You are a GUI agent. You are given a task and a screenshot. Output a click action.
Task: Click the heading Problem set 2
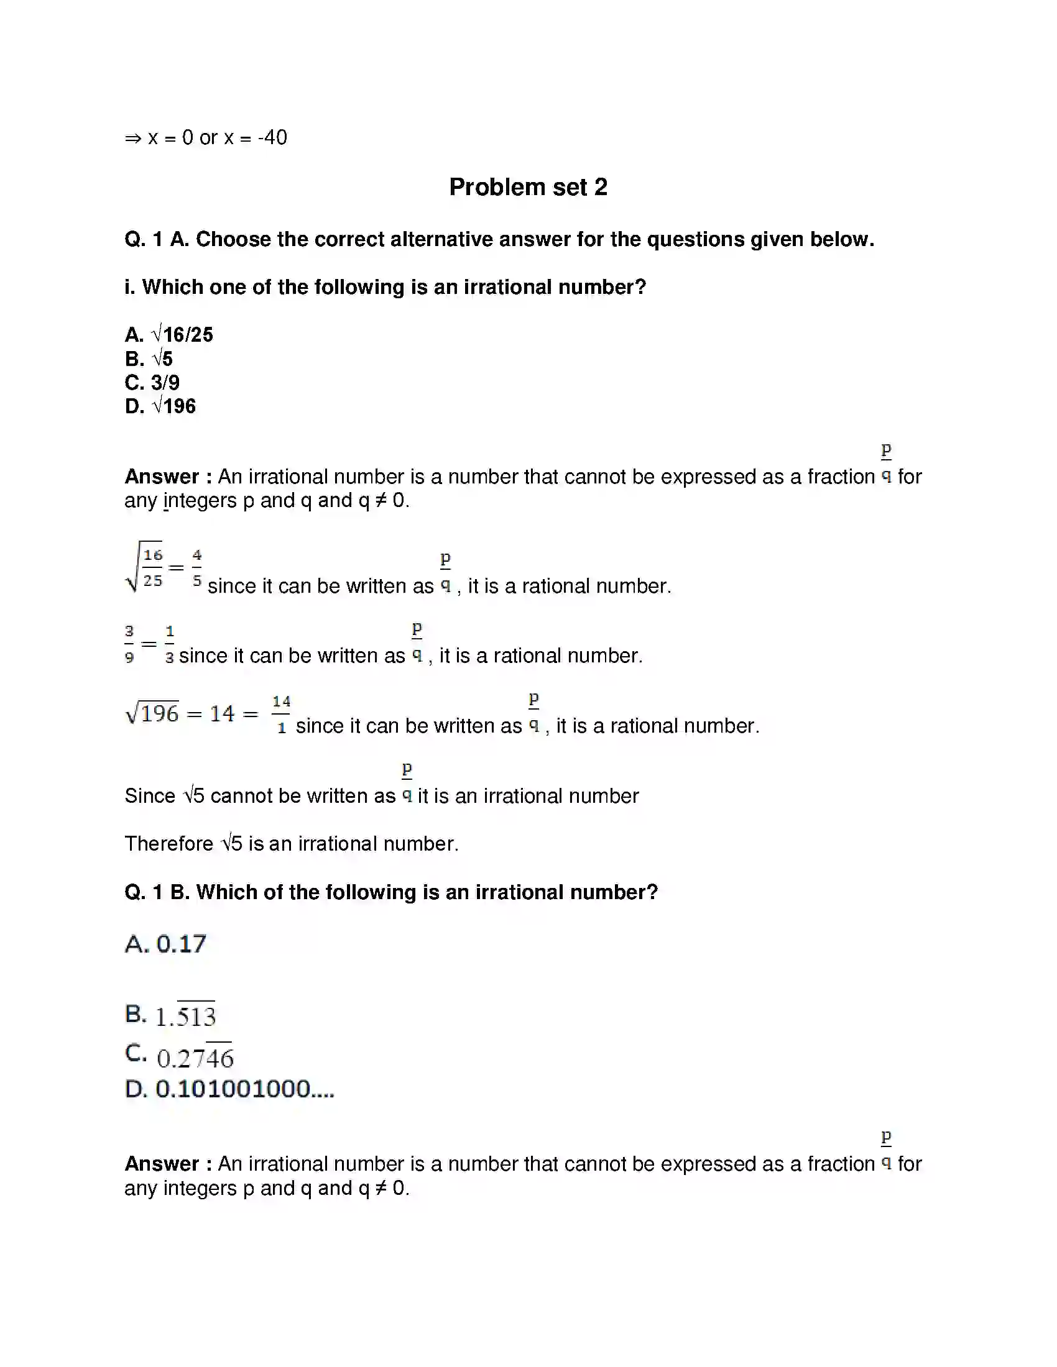[x=528, y=187]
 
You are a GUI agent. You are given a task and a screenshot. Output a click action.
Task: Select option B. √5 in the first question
[x=149, y=359]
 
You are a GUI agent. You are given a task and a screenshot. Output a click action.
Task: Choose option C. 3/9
[x=152, y=382]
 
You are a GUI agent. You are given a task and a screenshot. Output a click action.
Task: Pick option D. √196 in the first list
[x=160, y=406]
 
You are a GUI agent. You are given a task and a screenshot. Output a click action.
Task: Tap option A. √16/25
[x=169, y=335]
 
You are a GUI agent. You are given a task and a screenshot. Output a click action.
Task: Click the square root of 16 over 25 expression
[x=145, y=567]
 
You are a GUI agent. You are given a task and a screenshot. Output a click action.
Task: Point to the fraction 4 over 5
[x=196, y=568]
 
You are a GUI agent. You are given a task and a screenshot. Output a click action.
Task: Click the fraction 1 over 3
[x=169, y=644]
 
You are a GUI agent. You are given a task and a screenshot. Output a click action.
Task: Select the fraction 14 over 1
[x=281, y=714]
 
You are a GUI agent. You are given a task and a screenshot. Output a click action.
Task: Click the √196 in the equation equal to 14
[x=152, y=713]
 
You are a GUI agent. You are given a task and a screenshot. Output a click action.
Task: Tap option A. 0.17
[x=165, y=944]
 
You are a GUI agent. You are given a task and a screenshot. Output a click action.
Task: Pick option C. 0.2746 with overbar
[x=179, y=1057]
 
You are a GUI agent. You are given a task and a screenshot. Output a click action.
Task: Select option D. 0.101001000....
[x=229, y=1089]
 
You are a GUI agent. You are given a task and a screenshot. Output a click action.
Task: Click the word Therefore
[x=168, y=844]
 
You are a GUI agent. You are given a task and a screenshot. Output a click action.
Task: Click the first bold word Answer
[x=162, y=477]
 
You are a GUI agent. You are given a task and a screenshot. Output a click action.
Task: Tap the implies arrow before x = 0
[x=133, y=139]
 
